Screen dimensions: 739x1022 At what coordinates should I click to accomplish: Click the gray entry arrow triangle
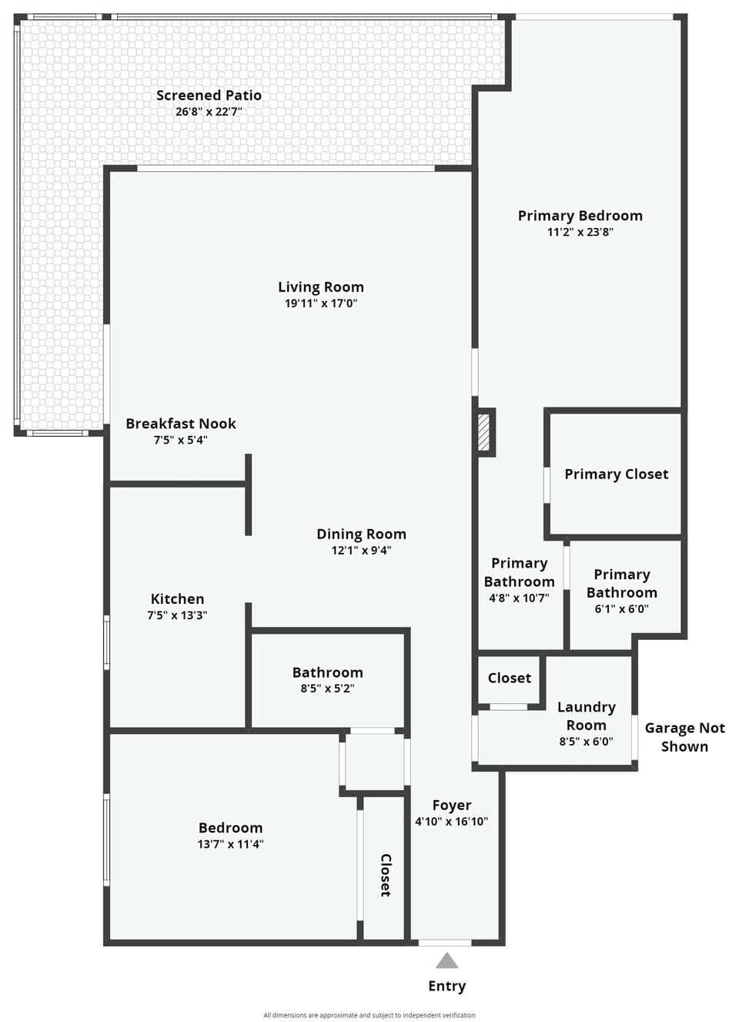tap(446, 960)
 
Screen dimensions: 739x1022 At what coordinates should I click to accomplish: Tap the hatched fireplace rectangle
tap(483, 433)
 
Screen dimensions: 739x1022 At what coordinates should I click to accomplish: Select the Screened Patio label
tap(209, 95)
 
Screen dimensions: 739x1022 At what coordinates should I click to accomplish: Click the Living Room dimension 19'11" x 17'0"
tap(321, 303)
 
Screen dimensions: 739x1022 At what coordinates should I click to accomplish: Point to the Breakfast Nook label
tap(181, 424)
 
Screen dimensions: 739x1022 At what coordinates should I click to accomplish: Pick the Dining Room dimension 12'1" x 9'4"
tap(361, 550)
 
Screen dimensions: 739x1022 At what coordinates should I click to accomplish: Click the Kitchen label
tap(178, 598)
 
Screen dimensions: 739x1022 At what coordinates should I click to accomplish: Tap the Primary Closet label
tap(617, 474)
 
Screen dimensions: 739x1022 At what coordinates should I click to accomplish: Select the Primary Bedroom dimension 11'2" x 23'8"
tap(580, 232)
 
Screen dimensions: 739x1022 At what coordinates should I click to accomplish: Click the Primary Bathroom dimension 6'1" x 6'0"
tap(622, 608)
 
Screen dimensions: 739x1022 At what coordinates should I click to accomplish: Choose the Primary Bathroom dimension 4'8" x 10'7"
tap(519, 598)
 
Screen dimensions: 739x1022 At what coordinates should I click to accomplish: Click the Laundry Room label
tap(586, 715)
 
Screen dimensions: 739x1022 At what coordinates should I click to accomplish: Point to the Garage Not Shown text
tap(684, 737)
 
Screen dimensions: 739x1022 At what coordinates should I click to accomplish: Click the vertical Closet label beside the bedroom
tap(386, 876)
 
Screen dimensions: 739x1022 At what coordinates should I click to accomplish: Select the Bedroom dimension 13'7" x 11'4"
tap(230, 844)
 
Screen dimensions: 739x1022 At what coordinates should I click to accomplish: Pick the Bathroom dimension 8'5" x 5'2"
tap(327, 689)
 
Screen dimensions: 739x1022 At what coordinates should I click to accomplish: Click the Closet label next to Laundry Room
tap(510, 678)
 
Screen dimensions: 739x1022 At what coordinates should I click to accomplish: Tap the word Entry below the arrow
tap(447, 986)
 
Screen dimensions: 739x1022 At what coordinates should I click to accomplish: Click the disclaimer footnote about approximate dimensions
tap(369, 1016)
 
